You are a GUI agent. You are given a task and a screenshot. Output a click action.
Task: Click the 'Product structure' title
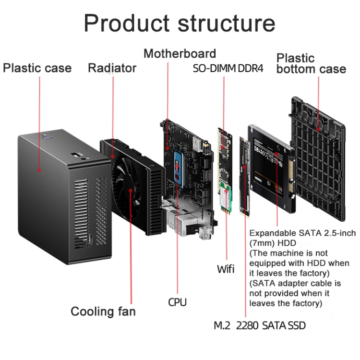[180, 23]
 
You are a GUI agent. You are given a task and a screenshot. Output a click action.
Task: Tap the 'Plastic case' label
[37, 68]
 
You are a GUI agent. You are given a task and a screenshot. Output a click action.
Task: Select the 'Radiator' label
[112, 68]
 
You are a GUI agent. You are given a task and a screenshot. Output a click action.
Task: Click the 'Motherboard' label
[180, 53]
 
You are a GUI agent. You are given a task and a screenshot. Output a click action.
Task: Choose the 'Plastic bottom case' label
[311, 64]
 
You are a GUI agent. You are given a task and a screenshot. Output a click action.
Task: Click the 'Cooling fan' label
[103, 312]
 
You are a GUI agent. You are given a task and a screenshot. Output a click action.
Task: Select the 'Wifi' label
[226, 268]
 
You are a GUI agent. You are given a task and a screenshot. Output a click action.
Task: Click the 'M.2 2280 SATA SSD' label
[259, 326]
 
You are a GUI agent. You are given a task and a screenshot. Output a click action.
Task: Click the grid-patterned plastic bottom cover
[319, 158]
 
